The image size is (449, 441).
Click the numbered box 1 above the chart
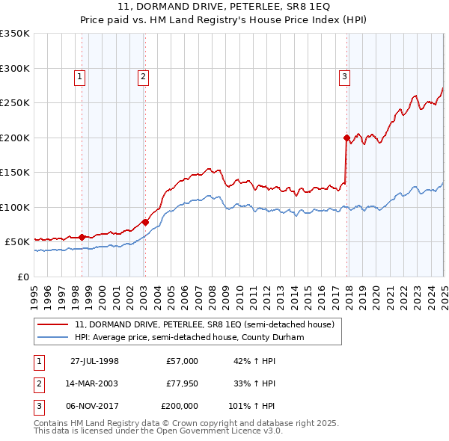79,75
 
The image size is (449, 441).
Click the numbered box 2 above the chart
142,75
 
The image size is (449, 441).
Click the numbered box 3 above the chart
344,75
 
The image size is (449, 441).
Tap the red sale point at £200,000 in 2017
346,138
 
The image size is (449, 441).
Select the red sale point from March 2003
145,222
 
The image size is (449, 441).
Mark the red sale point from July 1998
82,237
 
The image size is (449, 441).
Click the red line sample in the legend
53,324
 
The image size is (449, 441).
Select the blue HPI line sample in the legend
53,337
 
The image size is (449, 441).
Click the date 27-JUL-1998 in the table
95,361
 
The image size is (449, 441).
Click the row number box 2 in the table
38,383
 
